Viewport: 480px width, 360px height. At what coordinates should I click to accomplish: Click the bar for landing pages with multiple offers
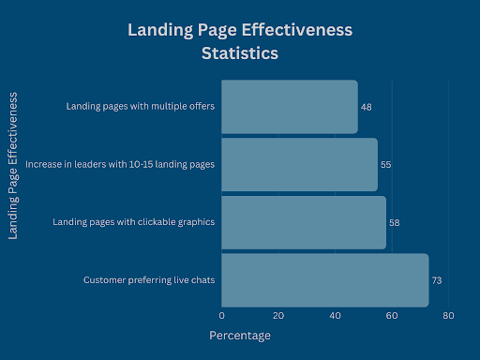(290, 107)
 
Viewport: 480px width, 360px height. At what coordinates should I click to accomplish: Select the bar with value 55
(299, 164)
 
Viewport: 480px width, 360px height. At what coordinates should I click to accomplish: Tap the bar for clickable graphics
(304, 222)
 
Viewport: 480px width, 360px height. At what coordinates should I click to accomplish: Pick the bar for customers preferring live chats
(324, 279)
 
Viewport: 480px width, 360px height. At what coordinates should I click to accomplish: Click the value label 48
(367, 107)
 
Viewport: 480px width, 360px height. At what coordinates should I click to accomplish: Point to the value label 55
(385, 165)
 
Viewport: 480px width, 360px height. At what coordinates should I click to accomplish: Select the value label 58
(394, 222)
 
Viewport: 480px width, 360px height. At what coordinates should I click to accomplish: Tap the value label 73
(436, 280)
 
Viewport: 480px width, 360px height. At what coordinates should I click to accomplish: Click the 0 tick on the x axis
(222, 316)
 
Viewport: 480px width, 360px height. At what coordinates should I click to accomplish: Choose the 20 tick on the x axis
(278, 316)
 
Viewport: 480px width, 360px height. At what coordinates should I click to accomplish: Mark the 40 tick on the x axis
(336, 316)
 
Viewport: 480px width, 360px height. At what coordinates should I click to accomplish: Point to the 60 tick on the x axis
(392, 316)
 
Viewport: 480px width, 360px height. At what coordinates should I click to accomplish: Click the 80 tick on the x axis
(448, 316)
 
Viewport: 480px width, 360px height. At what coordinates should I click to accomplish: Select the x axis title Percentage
(239, 336)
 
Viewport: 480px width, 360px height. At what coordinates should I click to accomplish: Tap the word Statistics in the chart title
(239, 53)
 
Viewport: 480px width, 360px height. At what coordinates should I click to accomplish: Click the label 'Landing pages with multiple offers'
(141, 106)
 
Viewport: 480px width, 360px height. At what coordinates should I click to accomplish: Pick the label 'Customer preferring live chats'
(149, 279)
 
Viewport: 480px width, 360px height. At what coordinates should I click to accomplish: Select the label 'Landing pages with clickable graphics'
(135, 222)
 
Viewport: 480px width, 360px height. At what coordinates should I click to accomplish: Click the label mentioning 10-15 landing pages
(120, 164)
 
